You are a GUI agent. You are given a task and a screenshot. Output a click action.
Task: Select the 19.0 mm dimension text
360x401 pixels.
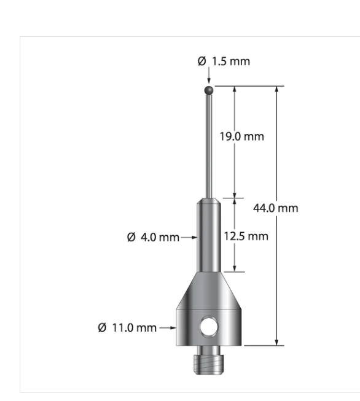(242, 136)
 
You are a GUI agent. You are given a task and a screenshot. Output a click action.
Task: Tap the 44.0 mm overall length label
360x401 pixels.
(276, 208)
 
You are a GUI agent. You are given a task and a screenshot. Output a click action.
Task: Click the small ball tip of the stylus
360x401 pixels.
(209, 90)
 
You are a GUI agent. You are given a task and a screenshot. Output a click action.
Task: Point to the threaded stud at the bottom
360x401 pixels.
(209, 357)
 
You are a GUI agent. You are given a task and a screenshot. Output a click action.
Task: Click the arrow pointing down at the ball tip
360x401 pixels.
(209, 80)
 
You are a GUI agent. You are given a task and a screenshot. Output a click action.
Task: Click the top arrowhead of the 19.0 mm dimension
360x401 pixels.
(235, 90)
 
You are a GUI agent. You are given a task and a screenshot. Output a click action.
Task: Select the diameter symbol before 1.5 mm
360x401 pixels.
(202, 61)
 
